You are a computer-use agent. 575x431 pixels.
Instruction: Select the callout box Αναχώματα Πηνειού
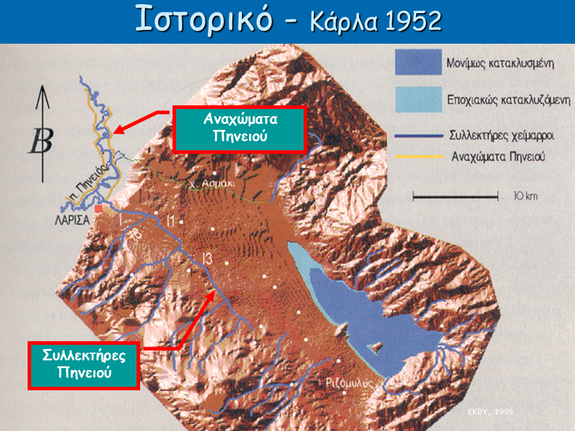(x=240, y=128)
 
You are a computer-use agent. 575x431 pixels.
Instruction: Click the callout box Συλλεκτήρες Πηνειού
(x=84, y=364)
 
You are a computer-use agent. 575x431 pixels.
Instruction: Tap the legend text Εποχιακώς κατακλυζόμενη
(x=509, y=100)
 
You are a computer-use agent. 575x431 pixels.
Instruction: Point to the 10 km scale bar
(x=455, y=196)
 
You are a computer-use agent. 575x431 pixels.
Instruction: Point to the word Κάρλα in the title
(x=343, y=22)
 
